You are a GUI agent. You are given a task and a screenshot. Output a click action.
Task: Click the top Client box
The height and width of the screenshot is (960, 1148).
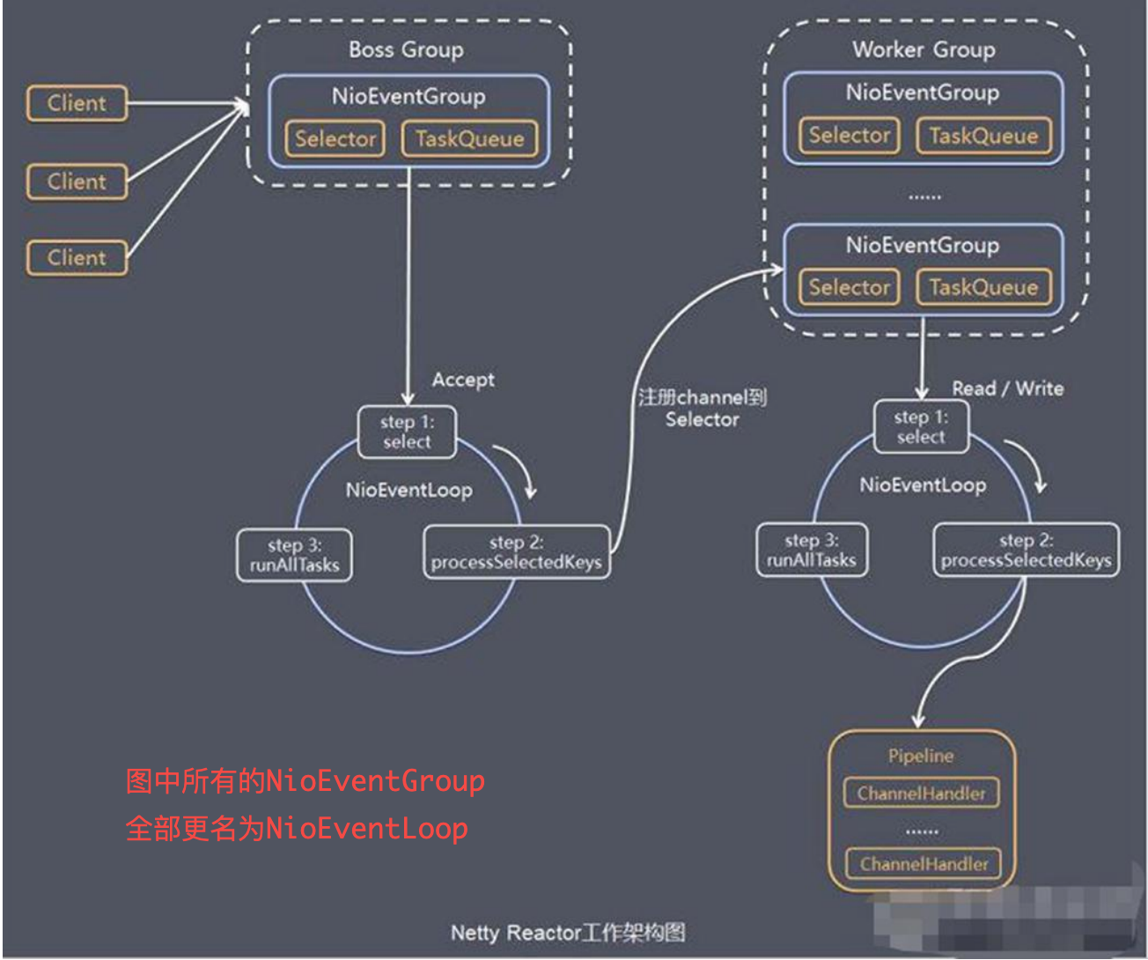[77, 103]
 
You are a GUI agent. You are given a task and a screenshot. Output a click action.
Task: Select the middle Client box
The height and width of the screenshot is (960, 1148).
[77, 181]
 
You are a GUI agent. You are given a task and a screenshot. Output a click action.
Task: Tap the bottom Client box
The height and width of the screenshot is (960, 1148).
[77, 258]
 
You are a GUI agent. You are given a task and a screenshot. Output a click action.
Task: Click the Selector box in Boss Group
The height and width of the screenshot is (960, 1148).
[335, 139]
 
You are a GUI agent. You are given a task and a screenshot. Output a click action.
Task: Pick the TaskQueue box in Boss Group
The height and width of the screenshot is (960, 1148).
[469, 139]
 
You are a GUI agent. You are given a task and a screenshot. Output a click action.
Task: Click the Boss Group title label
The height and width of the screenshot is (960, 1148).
[406, 50]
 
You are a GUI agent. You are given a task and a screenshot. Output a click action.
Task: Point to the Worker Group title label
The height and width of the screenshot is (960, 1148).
[924, 50]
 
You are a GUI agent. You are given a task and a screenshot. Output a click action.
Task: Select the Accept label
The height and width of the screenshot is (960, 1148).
[463, 380]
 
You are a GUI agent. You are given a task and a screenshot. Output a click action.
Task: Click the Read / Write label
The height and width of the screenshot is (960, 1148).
[1007, 388]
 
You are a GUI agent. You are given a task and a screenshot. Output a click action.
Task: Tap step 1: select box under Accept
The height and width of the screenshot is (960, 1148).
[407, 432]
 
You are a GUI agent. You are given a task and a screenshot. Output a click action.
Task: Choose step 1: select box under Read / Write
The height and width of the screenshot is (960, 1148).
[921, 427]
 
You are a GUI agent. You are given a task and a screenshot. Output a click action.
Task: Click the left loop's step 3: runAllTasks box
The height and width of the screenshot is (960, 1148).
[294, 556]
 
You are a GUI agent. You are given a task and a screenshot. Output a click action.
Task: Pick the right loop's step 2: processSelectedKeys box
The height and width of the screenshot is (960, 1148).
[1026, 550]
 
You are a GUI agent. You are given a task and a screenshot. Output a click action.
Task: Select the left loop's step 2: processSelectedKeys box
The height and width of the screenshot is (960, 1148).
[517, 552]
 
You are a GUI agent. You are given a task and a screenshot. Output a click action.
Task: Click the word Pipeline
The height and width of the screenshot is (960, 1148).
[921, 756]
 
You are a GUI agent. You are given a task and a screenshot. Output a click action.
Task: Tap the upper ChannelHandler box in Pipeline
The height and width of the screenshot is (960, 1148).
[921, 794]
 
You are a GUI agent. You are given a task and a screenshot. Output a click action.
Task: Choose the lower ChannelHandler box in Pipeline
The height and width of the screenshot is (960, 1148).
[924, 864]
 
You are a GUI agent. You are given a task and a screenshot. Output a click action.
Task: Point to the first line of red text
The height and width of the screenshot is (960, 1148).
[305, 781]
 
